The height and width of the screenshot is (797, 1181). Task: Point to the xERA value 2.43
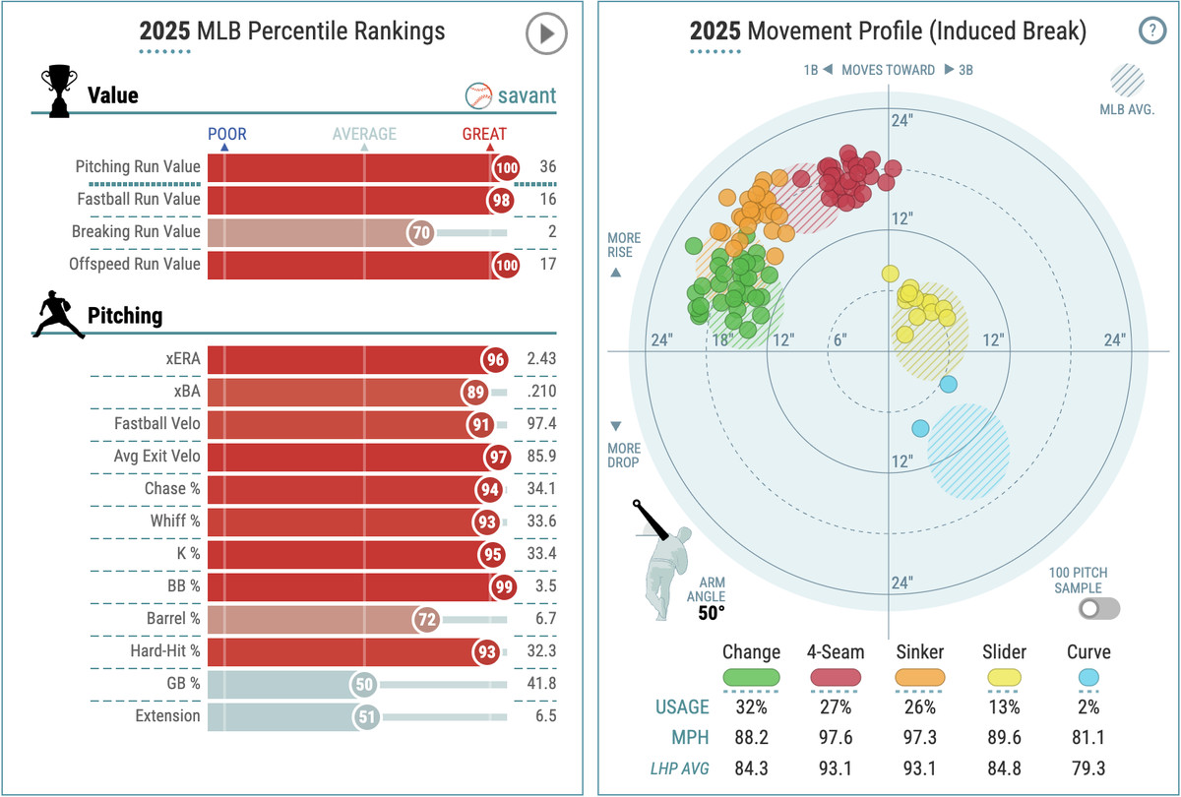(541, 359)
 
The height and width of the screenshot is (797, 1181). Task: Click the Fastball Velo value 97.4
(541, 424)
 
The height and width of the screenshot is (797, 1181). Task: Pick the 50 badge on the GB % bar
(367, 684)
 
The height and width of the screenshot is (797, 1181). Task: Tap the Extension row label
(167, 716)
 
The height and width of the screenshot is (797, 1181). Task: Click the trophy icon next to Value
(58, 92)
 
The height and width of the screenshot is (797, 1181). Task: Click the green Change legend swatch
(751, 677)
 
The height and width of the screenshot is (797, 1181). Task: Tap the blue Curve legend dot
(1088, 677)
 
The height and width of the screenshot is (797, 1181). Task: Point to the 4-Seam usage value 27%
(835, 707)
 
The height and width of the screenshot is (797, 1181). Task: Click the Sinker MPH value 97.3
(920, 736)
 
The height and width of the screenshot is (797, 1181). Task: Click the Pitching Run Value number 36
(548, 167)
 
